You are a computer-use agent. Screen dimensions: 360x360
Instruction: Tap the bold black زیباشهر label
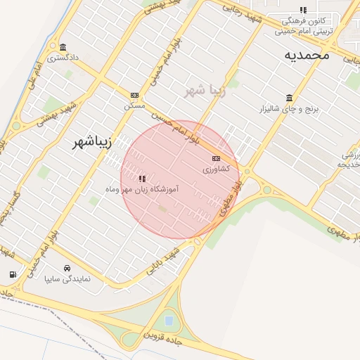(93, 143)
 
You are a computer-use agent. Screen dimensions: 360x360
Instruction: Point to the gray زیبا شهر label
(205, 91)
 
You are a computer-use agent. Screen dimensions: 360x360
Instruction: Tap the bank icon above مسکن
(134, 95)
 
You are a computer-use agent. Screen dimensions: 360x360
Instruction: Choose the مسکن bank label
(134, 105)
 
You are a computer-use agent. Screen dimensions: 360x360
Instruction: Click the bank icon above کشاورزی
(215, 158)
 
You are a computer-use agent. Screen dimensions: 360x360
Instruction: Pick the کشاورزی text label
(216, 169)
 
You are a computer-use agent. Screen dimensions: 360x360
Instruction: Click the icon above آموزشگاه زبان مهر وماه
(143, 179)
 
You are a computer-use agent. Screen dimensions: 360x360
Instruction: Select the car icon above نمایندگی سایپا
(67, 268)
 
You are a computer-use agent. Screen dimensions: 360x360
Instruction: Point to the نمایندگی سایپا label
(67, 279)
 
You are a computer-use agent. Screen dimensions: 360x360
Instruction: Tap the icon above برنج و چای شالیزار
(289, 98)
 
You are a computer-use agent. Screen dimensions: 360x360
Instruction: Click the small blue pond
(169, 321)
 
